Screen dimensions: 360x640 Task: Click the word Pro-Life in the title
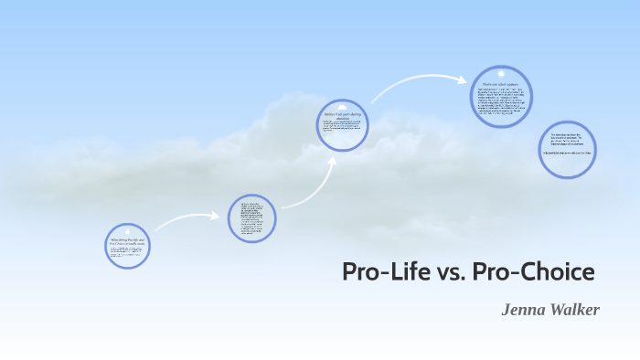pyautogui.click(x=380, y=272)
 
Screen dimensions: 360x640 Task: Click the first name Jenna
pyautogui.click(x=522, y=310)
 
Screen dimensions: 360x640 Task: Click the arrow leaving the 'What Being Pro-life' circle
pyautogui.click(x=187, y=219)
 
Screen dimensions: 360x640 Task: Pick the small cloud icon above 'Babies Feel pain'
pyautogui.click(x=343, y=106)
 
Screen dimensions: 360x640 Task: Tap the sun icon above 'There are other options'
pyautogui.click(x=500, y=74)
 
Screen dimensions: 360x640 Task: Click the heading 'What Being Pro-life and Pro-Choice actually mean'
pyautogui.click(x=127, y=242)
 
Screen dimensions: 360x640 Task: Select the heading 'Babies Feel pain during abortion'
pyautogui.click(x=343, y=115)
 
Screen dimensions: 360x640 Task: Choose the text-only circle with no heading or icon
pyautogui.click(x=252, y=220)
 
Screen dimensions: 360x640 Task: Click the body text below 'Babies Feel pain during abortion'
pyautogui.click(x=343, y=128)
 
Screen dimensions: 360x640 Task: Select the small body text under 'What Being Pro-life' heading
pyautogui.click(x=127, y=252)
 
